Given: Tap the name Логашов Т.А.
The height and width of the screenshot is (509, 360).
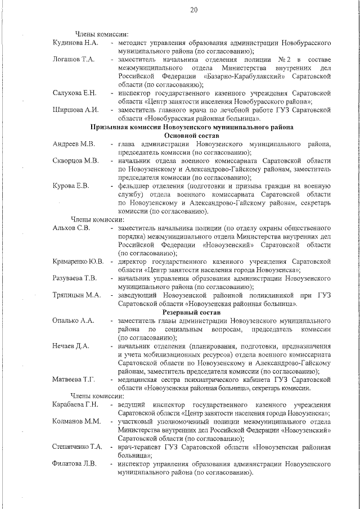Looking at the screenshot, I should tap(74, 59).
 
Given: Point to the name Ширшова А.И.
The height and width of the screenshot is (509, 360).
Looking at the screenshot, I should tap(75, 110).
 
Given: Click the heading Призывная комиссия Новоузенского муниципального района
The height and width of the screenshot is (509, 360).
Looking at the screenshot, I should tap(195, 127).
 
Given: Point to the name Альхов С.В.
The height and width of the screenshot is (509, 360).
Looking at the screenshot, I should tap(71, 228).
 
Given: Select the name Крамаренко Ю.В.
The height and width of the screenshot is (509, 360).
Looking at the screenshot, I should tap(78, 262).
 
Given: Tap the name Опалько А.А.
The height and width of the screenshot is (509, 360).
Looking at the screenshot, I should tap(73, 321).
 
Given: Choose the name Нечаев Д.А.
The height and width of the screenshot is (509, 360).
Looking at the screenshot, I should tap(71, 346).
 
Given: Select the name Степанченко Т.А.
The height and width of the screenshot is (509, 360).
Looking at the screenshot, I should tap(78, 447).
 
